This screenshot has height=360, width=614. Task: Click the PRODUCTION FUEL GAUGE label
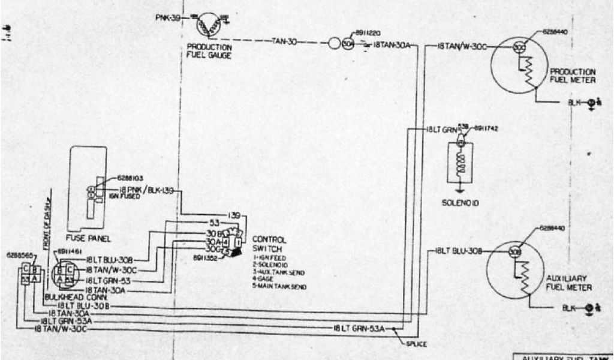coord(209,51)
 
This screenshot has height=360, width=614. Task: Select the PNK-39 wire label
coord(168,18)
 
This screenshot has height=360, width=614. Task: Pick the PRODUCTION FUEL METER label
coord(573,75)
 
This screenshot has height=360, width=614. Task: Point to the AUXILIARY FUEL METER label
coord(570,283)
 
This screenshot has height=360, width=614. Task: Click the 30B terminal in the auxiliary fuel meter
coord(514,251)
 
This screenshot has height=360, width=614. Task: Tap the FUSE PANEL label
coord(92,238)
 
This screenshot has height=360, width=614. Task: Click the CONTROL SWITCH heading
coord(266,243)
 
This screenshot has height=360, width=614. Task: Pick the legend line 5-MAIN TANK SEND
coord(279,287)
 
